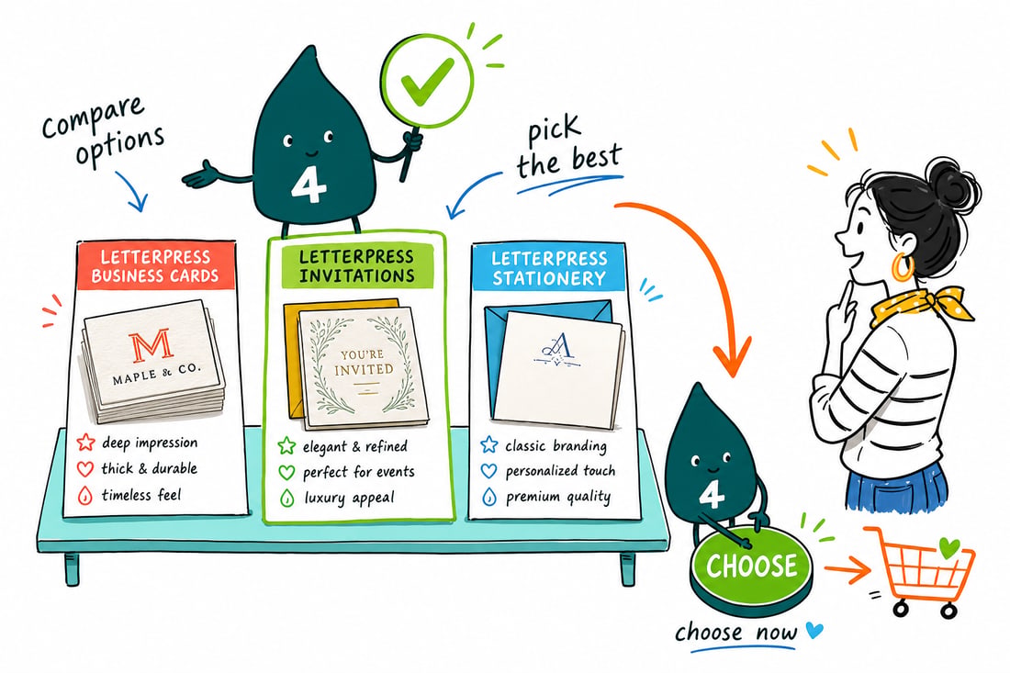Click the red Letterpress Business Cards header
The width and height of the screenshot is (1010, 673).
155,266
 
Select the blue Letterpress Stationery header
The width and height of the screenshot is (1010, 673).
549,268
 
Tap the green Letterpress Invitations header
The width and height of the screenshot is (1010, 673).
356,265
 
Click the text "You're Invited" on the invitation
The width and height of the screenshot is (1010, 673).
364,362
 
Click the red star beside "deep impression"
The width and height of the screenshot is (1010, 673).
85,443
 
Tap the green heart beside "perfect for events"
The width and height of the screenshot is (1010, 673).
286,472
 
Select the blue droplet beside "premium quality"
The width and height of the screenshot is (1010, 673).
489,497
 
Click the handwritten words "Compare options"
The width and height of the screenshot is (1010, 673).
103,132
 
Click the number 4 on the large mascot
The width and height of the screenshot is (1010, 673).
309,185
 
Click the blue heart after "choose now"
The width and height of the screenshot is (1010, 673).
814,630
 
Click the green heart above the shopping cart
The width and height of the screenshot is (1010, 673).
948,548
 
